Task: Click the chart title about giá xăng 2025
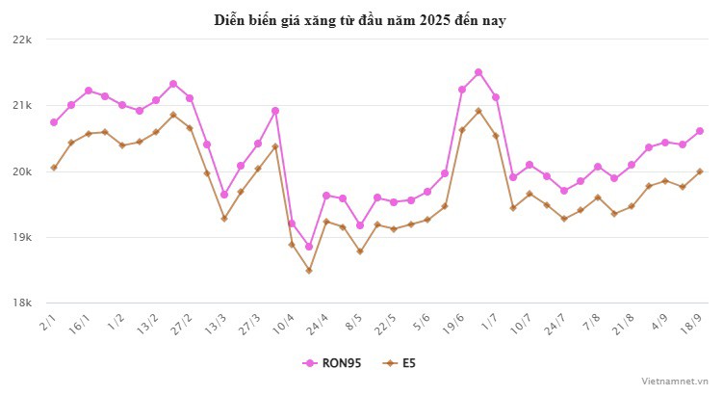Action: click(360, 19)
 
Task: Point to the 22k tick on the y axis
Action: click(21, 40)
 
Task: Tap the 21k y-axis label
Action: click(21, 106)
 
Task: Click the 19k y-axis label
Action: click(21, 237)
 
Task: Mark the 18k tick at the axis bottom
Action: click(21, 303)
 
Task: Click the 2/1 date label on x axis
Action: click(49, 320)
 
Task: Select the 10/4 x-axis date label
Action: click(285, 322)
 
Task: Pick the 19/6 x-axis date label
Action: click(453, 322)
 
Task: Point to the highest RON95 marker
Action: click(478, 72)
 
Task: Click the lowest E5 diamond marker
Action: click(309, 271)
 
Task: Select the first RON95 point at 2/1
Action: click(54, 122)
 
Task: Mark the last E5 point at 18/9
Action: click(700, 171)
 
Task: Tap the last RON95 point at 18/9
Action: click(700, 131)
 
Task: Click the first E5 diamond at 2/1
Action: click(54, 168)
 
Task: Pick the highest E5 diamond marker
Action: click(478, 111)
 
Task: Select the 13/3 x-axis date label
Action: click(218, 322)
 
